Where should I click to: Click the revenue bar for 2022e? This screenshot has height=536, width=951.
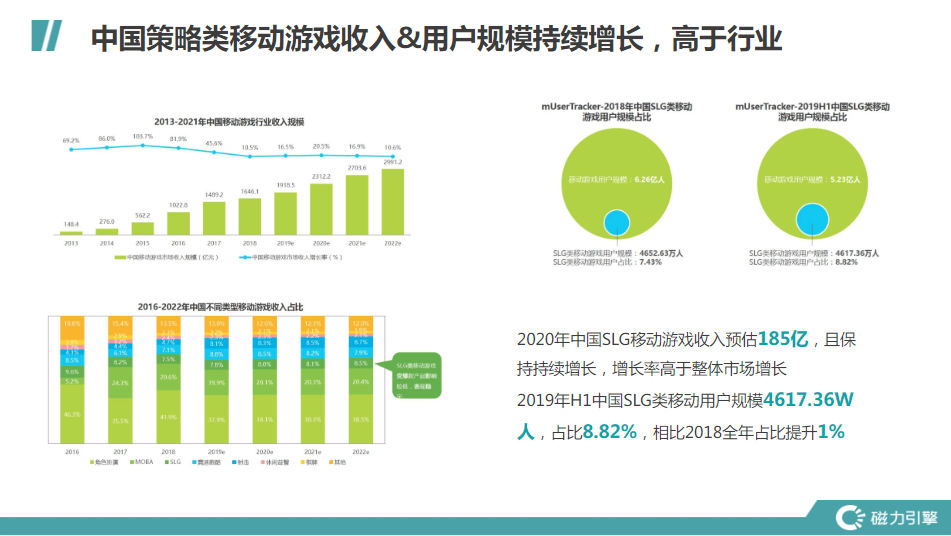[393, 201]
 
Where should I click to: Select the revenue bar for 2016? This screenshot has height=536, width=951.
[178, 222]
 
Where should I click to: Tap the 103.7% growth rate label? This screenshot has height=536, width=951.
[143, 137]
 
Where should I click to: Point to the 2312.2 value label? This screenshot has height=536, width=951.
[321, 176]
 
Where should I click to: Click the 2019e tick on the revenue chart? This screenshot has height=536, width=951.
[285, 243]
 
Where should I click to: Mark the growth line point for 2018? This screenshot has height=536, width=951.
[249, 155]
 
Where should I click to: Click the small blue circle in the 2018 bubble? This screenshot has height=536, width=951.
[616, 224]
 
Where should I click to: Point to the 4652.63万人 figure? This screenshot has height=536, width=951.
[662, 253]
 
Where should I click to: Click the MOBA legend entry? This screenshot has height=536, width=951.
[138, 462]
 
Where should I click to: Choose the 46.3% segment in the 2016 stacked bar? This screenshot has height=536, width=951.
[71, 413]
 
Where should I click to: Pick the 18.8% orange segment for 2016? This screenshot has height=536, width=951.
[71, 324]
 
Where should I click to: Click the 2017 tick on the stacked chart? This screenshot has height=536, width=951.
[120, 452]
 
